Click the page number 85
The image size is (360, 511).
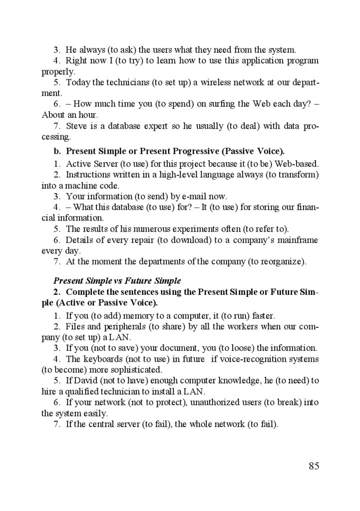(x=314, y=466)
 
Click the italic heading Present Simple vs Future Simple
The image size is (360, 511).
(x=117, y=281)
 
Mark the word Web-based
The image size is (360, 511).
(x=297, y=164)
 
